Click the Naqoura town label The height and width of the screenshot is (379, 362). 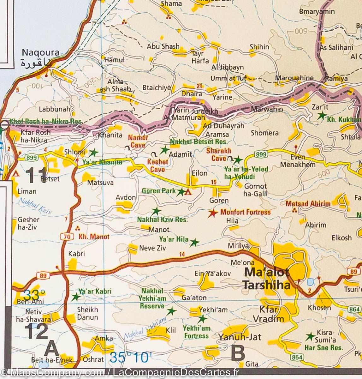(40, 52)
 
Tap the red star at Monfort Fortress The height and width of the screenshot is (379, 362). (213, 213)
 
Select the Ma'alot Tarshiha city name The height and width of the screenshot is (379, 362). (266, 278)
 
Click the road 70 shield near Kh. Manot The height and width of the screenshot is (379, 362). (66, 236)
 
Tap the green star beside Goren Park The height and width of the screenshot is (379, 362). (181, 192)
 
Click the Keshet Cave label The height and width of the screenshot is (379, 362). (157, 165)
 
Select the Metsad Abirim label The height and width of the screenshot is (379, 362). (308, 204)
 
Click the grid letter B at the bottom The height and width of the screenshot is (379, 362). (238, 353)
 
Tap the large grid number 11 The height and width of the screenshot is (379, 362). (36, 175)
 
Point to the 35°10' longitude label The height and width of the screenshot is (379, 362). (129, 358)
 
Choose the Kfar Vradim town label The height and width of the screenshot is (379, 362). (268, 314)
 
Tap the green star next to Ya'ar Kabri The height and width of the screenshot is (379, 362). (75, 297)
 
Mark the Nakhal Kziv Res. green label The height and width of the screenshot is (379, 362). (162, 220)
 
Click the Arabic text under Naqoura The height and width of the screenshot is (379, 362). (35, 63)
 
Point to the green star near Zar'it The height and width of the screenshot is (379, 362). (322, 116)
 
